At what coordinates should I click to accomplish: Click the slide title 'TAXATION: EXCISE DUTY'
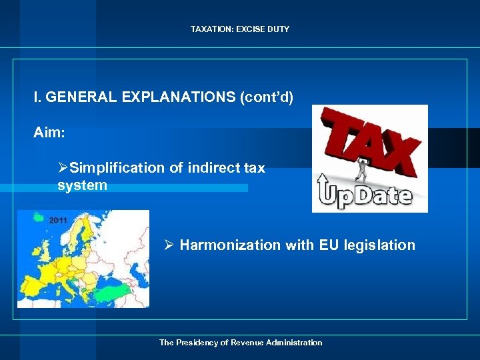tap(240, 29)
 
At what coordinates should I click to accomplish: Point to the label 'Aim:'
tap(49, 133)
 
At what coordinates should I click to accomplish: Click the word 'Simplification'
tap(117, 168)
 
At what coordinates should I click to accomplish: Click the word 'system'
tap(82, 185)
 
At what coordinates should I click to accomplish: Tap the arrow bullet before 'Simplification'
tap(63, 168)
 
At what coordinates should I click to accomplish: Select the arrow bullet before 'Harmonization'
tap(170, 245)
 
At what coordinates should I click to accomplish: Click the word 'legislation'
tap(379, 245)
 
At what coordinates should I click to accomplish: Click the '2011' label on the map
tap(58, 221)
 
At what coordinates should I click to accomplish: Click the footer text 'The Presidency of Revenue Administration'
tap(240, 343)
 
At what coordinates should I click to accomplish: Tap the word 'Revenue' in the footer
tap(247, 343)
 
